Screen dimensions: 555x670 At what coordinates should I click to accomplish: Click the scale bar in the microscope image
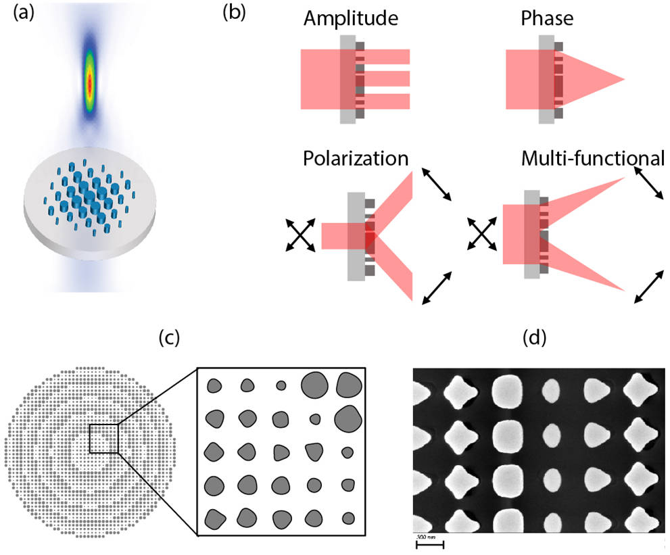[429, 544]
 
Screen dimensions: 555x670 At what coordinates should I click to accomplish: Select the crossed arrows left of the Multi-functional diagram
[481, 235]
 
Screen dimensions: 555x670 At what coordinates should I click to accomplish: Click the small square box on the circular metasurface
[103, 438]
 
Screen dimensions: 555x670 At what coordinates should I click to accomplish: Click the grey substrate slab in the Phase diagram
[544, 79]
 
